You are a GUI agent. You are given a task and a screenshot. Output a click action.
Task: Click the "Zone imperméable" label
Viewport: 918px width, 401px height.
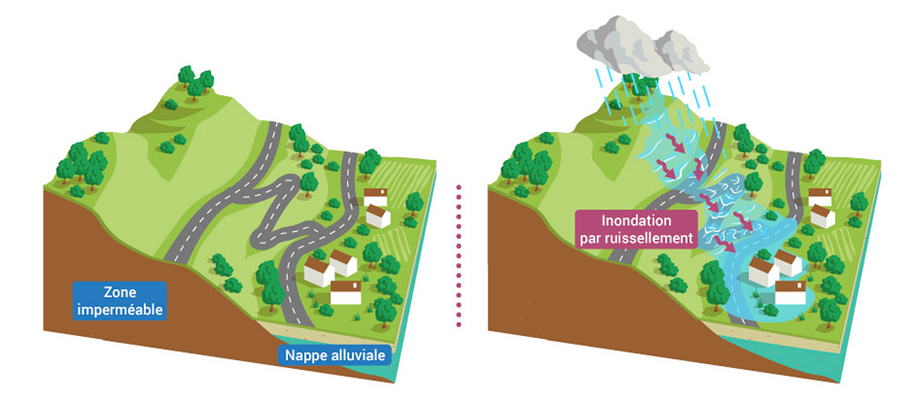click(x=120, y=301)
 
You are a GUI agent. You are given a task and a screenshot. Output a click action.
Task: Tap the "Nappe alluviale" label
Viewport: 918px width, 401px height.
click(x=335, y=355)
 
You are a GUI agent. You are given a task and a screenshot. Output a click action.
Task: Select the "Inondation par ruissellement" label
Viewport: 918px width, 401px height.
click(x=636, y=229)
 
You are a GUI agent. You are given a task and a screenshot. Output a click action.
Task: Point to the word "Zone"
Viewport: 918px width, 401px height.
click(x=120, y=292)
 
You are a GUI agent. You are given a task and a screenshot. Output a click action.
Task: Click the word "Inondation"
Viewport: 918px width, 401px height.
click(x=636, y=220)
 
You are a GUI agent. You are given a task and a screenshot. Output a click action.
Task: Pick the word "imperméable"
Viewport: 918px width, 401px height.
click(x=120, y=310)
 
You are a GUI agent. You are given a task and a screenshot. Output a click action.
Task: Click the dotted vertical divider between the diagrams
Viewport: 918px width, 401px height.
click(x=459, y=256)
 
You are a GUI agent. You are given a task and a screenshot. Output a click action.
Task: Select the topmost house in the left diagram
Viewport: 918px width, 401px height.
click(x=376, y=197)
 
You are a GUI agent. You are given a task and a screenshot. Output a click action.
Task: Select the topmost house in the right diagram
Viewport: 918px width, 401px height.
click(x=820, y=197)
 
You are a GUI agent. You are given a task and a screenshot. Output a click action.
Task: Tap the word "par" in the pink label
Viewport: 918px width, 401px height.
click(x=591, y=239)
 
